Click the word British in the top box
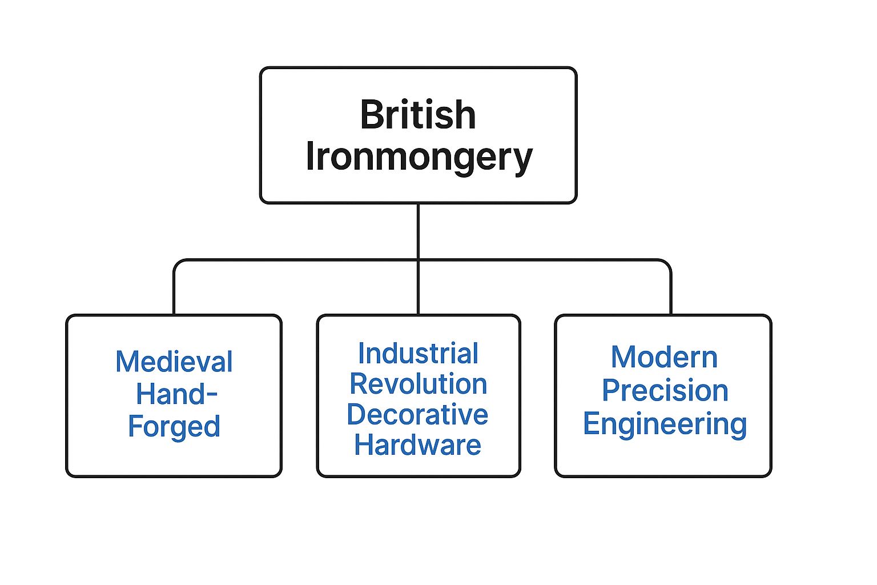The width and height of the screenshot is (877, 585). point(418,115)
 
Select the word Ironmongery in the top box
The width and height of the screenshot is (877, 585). point(419,157)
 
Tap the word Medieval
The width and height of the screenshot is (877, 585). point(174,362)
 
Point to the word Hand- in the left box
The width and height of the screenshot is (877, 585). point(176,394)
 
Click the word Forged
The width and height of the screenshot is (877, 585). point(174,427)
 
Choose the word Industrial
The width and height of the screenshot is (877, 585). point(418,354)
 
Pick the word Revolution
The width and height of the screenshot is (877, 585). point(418,384)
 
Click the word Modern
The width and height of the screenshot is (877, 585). point(664,358)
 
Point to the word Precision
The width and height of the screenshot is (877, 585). point(665,391)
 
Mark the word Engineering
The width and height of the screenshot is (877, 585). point(665,424)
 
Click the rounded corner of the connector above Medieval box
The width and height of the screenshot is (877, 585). point(178,263)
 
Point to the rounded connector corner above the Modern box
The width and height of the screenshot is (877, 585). point(667,263)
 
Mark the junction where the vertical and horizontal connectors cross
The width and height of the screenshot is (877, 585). point(418,260)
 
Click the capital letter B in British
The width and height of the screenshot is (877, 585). point(372,115)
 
